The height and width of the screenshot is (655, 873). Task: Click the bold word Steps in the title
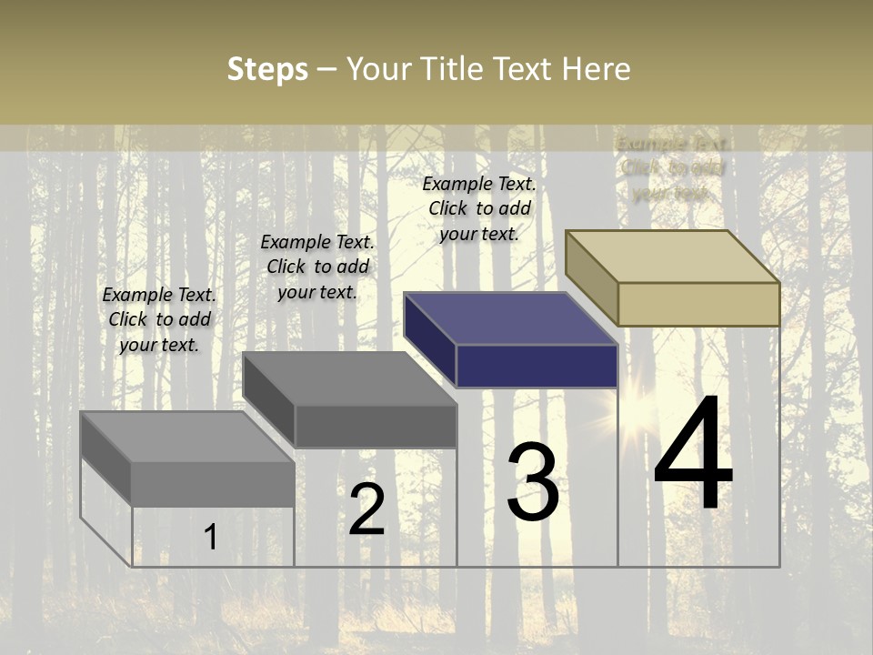(x=267, y=69)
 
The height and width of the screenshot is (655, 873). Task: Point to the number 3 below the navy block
(x=533, y=482)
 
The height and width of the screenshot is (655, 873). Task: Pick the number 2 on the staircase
(x=366, y=509)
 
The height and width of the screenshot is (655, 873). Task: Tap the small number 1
(x=210, y=537)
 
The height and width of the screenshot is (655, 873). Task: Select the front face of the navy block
(x=537, y=366)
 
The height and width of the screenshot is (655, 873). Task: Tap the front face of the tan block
(x=698, y=304)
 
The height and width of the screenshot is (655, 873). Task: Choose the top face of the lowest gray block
(x=187, y=437)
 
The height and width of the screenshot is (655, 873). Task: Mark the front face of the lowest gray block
(x=213, y=484)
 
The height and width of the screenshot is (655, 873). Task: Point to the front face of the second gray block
(x=375, y=426)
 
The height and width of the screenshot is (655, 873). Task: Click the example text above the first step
(x=159, y=320)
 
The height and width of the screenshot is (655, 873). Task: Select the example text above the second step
(x=317, y=267)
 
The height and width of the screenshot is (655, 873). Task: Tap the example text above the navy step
(x=479, y=209)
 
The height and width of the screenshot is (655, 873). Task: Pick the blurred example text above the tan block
(x=671, y=168)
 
